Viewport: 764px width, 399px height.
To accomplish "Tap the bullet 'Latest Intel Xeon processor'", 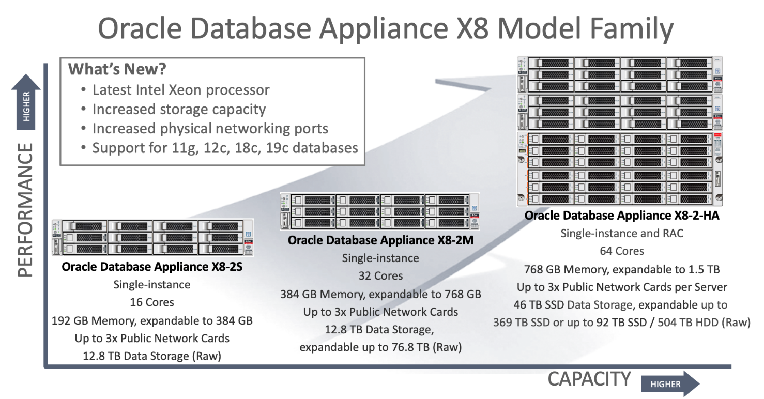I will [x=181, y=90].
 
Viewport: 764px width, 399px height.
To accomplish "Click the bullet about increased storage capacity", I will [x=179, y=110].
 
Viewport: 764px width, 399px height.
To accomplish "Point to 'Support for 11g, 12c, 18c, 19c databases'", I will [x=225, y=148].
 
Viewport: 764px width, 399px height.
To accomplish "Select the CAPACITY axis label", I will [x=589, y=379].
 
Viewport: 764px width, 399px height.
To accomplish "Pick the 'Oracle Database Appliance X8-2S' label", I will [x=152, y=267].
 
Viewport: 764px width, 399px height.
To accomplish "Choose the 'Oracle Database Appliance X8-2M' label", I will [x=380, y=240].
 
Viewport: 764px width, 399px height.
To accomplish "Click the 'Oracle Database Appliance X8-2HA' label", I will [x=622, y=216].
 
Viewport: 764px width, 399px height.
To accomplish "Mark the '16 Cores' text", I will [x=152, y=302].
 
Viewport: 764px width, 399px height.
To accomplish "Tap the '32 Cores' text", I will [x=380, y=276].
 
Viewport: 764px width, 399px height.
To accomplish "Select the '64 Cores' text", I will [x=622, y=251].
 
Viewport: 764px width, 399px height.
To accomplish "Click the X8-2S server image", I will [x=152, y=238].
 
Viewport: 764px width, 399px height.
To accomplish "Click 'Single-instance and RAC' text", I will [x=622, y=234].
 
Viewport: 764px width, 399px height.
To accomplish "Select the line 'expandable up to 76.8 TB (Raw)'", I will [x=380, y=347].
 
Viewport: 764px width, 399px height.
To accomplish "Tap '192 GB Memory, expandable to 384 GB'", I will [x=152, y=320].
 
